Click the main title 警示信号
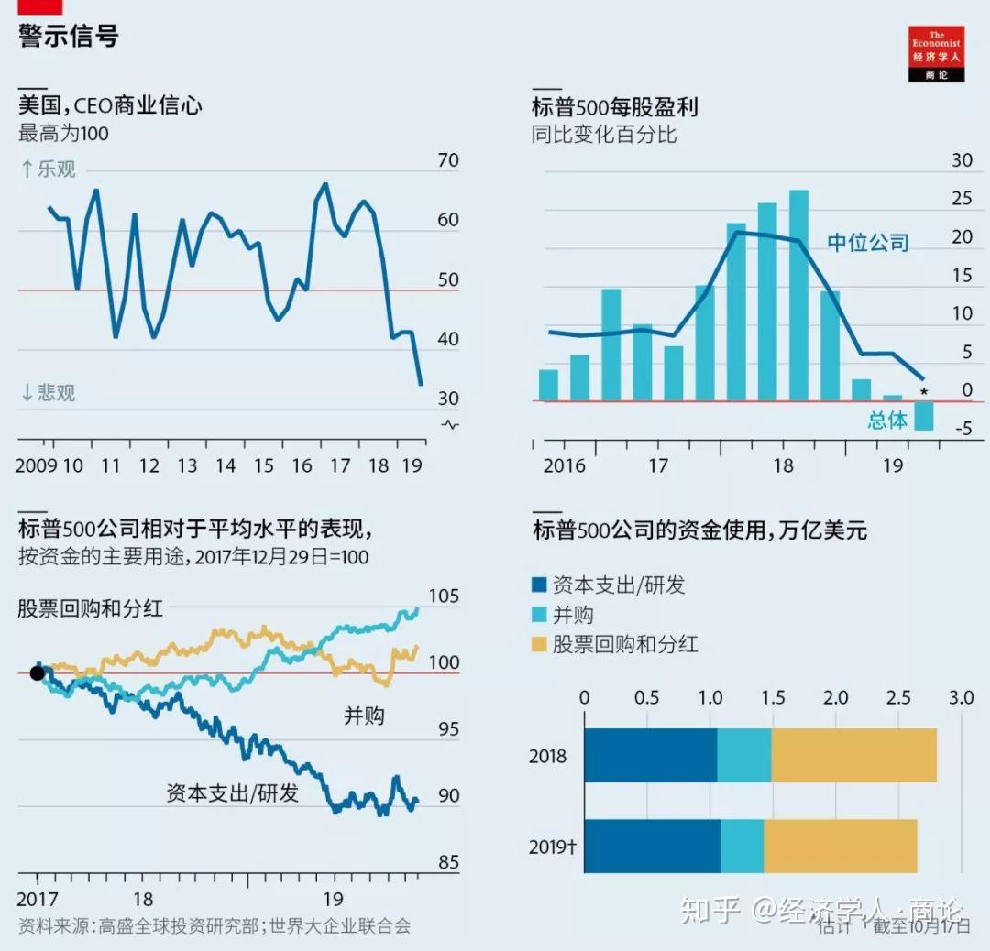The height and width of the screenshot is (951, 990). point(69,37)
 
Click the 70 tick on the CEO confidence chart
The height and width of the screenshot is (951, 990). point(448,161)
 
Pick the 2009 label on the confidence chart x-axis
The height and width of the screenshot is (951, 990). point(36,465)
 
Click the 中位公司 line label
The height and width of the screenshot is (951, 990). point(867,243)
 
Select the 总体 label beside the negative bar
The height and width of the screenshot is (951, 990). point(887,421)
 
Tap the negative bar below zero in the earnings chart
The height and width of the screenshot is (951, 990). point(923,415)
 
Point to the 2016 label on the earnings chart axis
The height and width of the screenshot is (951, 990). point(564,465)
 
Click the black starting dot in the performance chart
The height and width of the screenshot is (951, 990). point(37,673)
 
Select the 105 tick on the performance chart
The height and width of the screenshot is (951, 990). point(444,597)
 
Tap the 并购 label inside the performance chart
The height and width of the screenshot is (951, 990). point(364,716)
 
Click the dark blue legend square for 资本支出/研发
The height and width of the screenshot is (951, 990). point(540,585)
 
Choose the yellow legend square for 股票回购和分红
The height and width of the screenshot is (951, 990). point(540,644)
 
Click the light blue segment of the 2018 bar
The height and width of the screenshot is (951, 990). point(743,756)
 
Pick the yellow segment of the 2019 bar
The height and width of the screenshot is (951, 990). point(841,846)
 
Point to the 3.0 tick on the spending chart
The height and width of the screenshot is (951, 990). point(960,698)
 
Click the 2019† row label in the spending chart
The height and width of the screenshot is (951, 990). point(553,847)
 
